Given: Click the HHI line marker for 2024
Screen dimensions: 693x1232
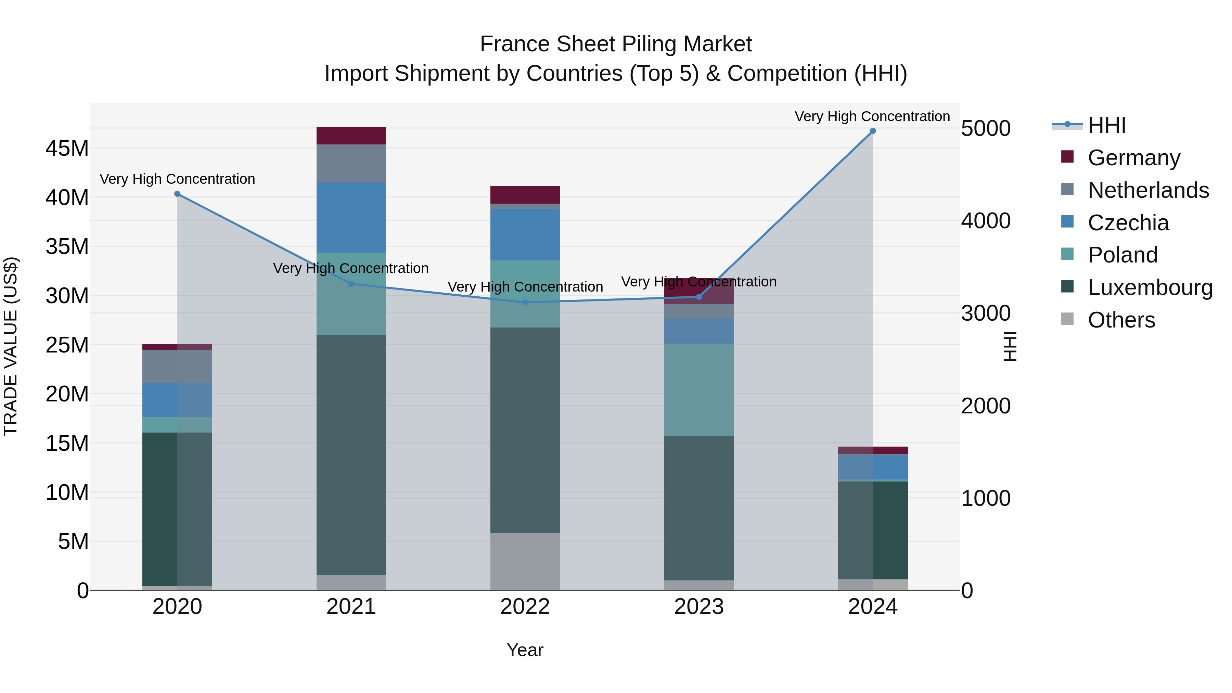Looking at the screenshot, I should pos(872,131).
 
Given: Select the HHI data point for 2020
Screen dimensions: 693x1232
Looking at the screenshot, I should pos(177,194).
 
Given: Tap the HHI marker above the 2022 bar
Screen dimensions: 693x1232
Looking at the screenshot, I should pos(525,302).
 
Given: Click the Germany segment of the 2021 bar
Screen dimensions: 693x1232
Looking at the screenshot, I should pos(351,136).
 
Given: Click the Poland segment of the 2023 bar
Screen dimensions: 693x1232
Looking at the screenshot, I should pos(699,389).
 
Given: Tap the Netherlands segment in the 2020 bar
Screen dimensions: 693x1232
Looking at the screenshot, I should pos(177,366).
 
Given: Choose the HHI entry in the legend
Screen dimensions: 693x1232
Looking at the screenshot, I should pos(1106,125).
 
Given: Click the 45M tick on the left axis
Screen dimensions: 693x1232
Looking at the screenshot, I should pos(67,148).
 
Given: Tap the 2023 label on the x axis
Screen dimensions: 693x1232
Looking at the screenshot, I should pos(699,607).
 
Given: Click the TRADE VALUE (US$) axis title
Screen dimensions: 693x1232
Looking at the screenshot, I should pos(11,346).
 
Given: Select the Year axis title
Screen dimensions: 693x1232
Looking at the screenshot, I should pos(525,650).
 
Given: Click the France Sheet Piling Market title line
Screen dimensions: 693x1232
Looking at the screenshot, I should pos(616,44).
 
